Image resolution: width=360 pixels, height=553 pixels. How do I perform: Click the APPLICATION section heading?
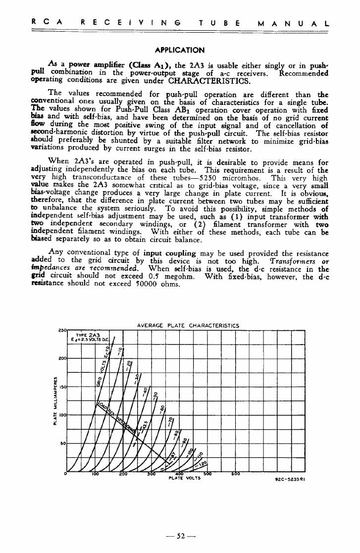click(179, 50)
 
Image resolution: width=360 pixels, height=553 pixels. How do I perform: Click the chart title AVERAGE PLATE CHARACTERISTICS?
click(188, 325)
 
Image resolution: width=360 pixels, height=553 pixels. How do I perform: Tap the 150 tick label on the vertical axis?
click(62, 386)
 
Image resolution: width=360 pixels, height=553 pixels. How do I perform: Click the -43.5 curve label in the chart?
click(144, 425)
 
